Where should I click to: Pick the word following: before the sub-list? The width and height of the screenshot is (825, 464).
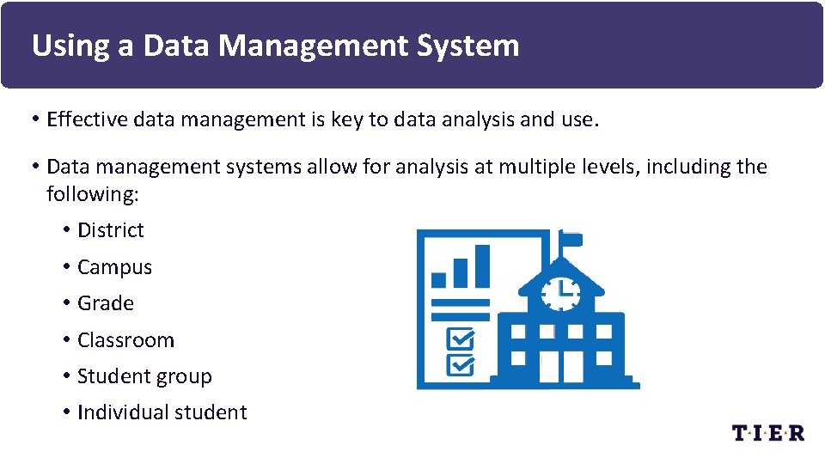coord(92,193)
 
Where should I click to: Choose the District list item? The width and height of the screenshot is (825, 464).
coord(111,230)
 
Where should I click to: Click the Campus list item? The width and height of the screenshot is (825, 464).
coord(114,267)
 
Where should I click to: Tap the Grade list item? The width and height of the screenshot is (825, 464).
coord(106,303)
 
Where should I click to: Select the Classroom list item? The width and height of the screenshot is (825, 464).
coord(125,340)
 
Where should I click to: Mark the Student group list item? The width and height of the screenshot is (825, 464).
coord(144,376)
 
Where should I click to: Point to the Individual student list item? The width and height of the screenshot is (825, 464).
coord(162,412)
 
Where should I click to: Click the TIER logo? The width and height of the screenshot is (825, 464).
coord(767,432)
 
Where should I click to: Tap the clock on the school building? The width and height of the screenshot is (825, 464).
coord(561,292)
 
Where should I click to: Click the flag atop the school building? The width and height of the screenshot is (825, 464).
coord(571,239)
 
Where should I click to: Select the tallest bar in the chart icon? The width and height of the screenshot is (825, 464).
coord(482,266)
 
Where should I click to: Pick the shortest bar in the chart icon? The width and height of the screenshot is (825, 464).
coord(439,279)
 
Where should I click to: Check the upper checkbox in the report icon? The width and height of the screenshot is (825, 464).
coord(461,339)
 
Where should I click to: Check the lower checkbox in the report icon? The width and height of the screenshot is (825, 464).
coord(461,366)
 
